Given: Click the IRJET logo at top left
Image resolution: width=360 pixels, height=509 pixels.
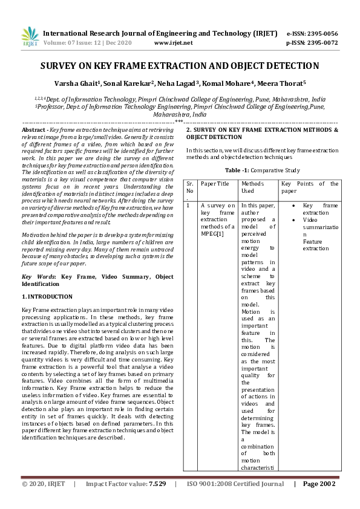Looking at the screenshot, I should click(29, 37).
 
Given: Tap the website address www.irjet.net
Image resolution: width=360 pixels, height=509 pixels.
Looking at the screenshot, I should click(173, 43).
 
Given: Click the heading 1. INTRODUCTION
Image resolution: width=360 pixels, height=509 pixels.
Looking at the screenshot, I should click(47, 297).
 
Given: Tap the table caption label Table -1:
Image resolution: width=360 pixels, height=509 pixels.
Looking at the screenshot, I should click(237, 170).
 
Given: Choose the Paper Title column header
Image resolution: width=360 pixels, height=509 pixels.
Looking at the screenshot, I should click(215, 183).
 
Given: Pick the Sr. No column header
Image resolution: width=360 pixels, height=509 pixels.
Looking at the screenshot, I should click(190, 187).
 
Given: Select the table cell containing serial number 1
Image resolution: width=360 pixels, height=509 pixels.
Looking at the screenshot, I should click(189, 206).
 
